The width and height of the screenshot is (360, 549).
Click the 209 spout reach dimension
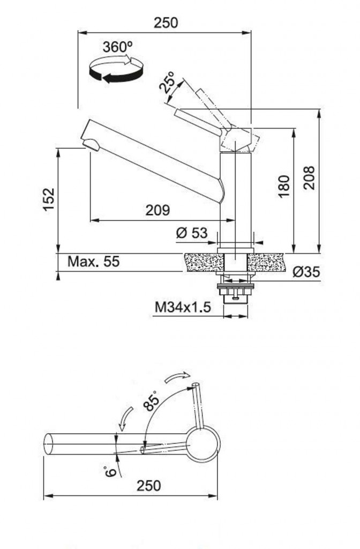158,210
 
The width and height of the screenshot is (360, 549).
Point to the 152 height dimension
49,199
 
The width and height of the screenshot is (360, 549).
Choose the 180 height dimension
284,186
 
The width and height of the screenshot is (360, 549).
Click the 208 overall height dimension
309,178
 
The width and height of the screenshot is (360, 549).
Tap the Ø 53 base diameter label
192,233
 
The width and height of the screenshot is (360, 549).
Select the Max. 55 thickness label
93,261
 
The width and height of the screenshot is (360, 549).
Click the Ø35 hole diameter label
306,272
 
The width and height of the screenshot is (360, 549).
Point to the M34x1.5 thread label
183,307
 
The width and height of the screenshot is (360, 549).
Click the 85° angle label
151,400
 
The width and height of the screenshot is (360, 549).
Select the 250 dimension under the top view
149,486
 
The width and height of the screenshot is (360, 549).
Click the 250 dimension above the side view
166,23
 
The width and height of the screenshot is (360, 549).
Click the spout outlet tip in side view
91,144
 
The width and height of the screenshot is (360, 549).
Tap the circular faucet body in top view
202,444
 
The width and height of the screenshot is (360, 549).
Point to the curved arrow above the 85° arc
178,377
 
